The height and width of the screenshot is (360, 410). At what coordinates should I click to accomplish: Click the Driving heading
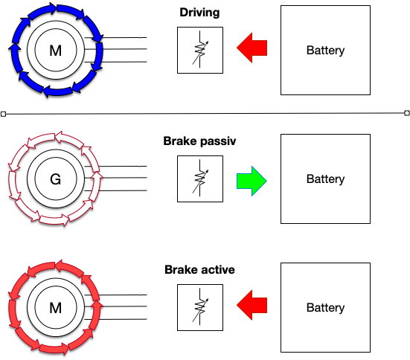pos(199,13)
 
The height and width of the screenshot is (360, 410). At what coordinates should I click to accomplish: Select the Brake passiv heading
pos(199,141)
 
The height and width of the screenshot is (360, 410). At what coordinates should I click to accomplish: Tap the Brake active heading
pos(199,269)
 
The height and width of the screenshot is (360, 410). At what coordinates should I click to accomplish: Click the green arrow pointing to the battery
pos(252,181)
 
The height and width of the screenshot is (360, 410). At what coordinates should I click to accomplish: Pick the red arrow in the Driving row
pos(252,48)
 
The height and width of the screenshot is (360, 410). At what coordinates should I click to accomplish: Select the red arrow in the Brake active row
pos(252,305)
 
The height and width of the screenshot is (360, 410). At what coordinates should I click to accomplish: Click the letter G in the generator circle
pos(55,179)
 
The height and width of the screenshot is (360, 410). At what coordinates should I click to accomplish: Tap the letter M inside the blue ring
pos(55,51)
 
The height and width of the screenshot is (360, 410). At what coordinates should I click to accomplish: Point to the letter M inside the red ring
pos(55,308)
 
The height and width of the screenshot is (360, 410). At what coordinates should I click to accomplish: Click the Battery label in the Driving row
pos(325,51)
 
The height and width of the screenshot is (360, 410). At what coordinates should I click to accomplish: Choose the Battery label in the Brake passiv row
pos(325,179)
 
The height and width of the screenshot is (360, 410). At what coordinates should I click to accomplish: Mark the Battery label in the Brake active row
pos(325,308)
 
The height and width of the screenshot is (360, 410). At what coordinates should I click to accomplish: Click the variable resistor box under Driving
pos(200,50)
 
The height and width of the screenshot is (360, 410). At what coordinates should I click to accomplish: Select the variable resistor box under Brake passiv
pos(200,179)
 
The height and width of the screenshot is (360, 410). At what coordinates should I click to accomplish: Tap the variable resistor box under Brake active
pos(200,307)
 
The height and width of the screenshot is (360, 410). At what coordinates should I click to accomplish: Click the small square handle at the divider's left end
pos(3,114)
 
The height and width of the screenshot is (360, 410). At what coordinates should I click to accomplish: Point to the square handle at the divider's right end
pos(407,113)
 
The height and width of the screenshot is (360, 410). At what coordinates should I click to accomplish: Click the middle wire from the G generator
pos(115,178)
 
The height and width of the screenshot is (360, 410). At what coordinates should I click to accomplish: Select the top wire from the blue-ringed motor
pos(115,38)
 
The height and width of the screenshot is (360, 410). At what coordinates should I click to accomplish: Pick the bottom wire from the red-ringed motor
pos(115,319)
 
